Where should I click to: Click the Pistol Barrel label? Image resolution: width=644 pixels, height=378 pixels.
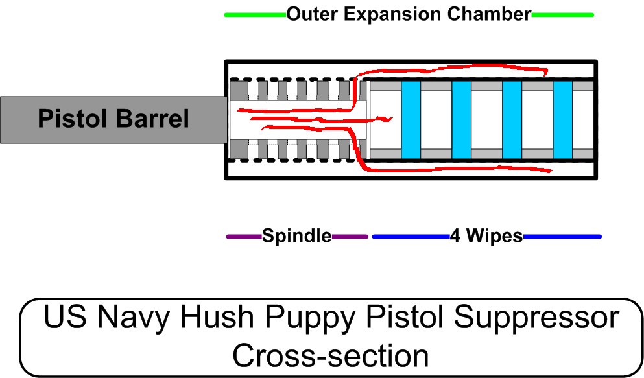pos(113,119)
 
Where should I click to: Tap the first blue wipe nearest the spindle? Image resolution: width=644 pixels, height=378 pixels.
pos(411,120)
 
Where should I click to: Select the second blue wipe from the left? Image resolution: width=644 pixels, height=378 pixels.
pos(461,120)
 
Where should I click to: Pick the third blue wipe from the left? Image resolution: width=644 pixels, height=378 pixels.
pos(512,120)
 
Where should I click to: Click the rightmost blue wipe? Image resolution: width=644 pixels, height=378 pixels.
pos(562,120)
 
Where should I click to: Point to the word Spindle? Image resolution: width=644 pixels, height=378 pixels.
pos(296,237)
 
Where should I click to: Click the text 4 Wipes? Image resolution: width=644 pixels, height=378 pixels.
pos(486,237)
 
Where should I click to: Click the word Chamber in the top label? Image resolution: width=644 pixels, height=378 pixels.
pos(498,14)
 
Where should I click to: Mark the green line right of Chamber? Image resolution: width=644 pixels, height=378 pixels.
pos(562,14)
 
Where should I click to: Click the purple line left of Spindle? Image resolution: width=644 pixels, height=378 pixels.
pos(244,237)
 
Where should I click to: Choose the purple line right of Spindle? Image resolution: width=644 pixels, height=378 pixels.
pos(350,237)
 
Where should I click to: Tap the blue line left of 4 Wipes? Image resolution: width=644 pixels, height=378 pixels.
pos(411,237)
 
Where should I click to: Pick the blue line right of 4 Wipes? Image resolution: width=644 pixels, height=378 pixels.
pos(562,237)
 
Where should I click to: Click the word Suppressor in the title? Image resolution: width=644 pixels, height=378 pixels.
pos(536,319)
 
